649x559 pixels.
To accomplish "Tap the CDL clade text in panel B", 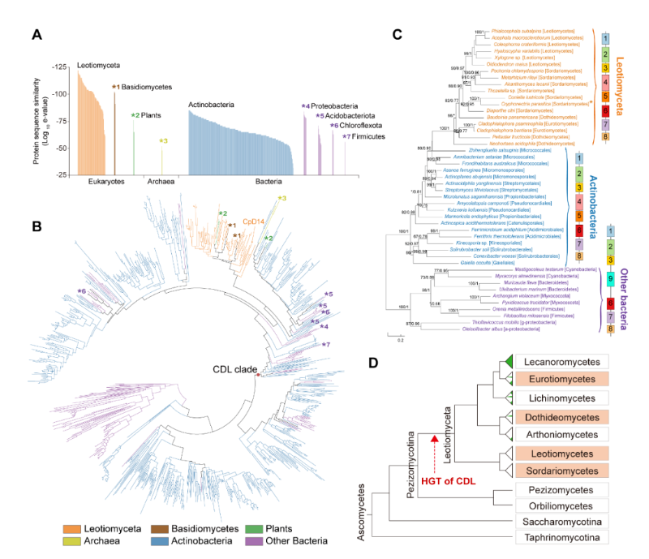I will tap(232, 368).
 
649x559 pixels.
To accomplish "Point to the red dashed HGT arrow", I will tap(436, 450).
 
